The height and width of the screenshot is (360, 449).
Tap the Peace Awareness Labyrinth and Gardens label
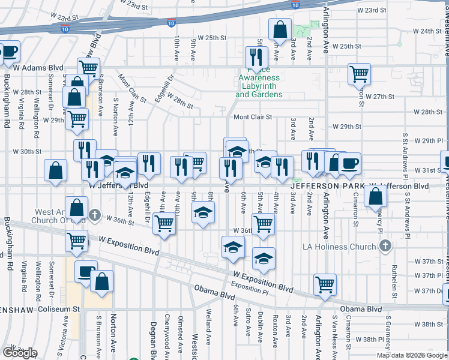pyautogui.click(x=259, y=86)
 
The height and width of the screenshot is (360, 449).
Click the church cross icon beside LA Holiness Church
pyautogui.click(x=385, y=246)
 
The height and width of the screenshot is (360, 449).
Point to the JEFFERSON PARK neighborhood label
pyautogui.click(x=328, y=187)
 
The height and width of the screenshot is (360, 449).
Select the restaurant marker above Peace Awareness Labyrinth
pyautogui.click(x=256, y=57)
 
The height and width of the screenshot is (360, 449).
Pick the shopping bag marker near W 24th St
pyautogui.click(x=280, y=29)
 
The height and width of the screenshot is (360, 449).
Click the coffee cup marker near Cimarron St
pyautogui.click(x=349, y=163)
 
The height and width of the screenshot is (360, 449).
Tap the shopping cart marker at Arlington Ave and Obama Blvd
pyautogui.click(x=325, y=284)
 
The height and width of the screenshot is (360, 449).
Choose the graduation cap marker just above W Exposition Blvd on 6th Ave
pyautogui.click(x=233, y=247)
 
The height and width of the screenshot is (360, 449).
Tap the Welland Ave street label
pyautogui.click(x=208, y=335)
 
